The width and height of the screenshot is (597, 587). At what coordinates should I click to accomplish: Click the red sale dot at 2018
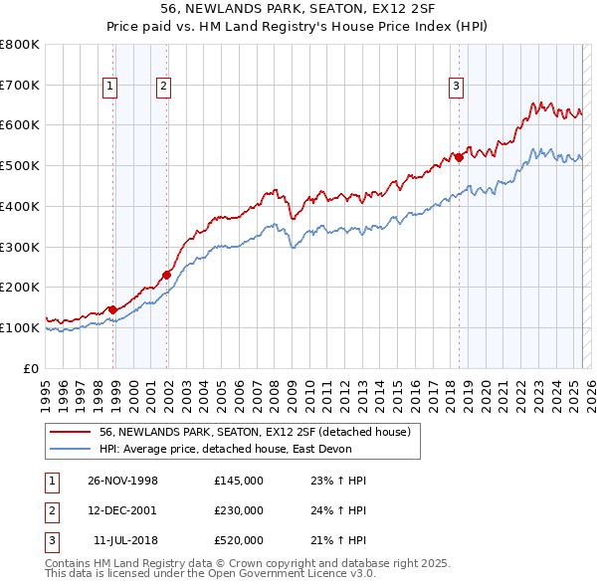459,157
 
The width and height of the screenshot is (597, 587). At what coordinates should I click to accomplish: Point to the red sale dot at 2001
167,275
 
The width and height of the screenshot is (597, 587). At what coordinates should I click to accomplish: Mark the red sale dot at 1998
113,309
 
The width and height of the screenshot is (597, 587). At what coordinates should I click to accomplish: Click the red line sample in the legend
72,431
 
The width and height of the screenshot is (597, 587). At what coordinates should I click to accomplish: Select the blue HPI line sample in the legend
72,449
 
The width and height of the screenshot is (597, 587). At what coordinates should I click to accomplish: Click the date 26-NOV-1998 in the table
122,481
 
